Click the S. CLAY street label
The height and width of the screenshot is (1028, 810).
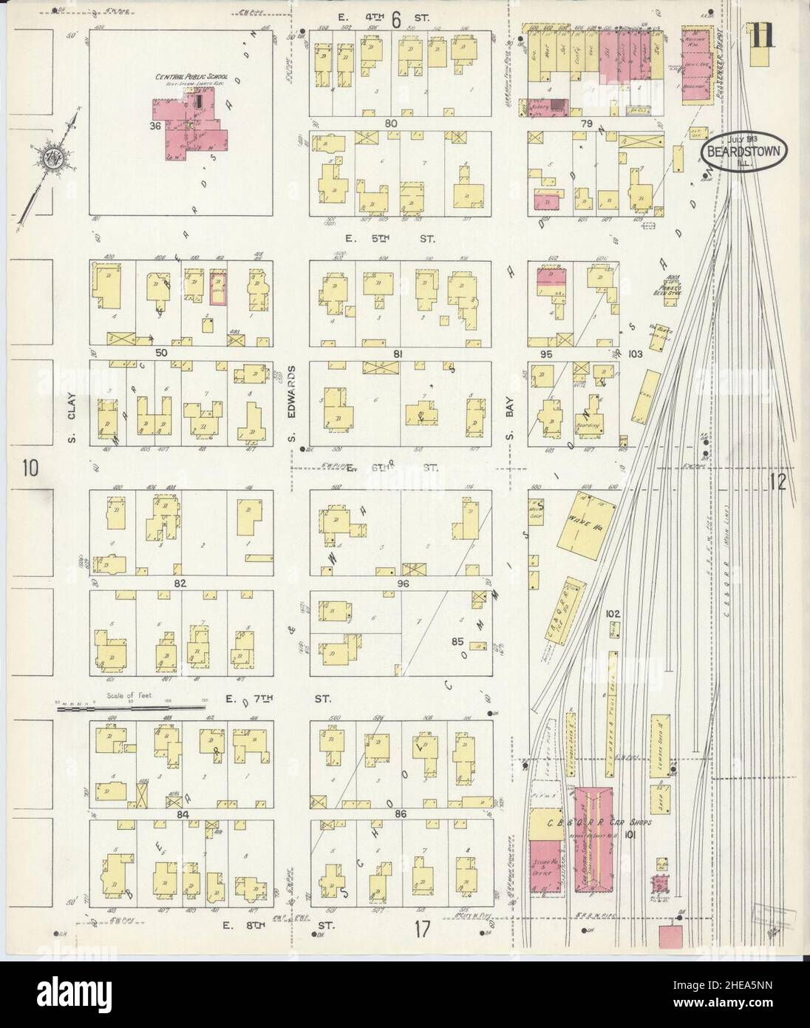(x=72, y=405)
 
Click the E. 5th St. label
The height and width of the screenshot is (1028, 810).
(x=392, y=240)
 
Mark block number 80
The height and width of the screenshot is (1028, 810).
(x=391, y=123)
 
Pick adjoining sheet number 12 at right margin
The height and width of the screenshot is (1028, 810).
(x=778, y=482)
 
